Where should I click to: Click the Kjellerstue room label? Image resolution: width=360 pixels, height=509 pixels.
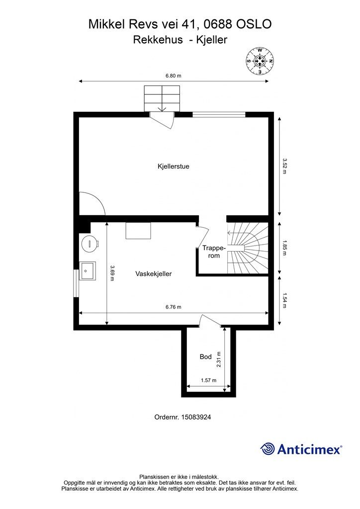(x=174, y=167)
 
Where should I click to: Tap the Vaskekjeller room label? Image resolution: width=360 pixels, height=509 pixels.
(x=154, y=274)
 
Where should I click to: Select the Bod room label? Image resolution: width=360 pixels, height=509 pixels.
(x=205, y=357)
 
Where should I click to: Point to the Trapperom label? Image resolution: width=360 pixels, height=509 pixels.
(x=214, y=252)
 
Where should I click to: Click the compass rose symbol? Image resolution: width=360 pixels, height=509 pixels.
(x=260, y=61)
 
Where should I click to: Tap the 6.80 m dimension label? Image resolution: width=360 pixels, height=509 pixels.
(x=174, y=76)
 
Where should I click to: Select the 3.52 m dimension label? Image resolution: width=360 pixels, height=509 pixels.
(x=285, y=166)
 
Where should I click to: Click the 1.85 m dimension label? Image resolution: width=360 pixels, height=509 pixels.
(x=285, y=248)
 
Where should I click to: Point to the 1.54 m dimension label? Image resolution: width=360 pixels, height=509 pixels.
(x=285, y=301)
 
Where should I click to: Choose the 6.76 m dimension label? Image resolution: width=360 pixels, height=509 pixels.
(x=174, y=307)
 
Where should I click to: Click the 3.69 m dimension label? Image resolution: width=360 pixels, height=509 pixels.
(x=112, y=273)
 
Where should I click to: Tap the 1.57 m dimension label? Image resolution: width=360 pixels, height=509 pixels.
(x=208, y=380)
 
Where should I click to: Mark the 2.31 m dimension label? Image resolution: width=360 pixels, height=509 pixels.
(x=219, y=360)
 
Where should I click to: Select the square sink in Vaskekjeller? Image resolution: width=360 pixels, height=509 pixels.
(x=88, y=271)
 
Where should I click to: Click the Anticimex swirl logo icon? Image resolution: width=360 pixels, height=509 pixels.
(x=268, y=449)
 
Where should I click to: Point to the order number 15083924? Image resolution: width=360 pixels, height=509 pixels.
(x=196, y=417)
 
